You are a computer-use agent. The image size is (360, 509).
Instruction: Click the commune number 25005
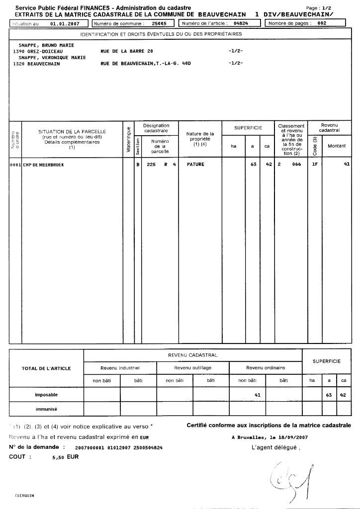159,23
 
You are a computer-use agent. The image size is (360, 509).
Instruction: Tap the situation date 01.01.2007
65,23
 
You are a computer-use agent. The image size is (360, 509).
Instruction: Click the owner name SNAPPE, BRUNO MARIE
43,45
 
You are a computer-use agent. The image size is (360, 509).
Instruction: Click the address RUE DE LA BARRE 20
127,51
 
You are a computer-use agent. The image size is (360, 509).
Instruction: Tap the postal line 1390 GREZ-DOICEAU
38,51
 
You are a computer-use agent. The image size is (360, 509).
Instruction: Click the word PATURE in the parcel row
195,164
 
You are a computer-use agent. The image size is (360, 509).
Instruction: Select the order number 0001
15,164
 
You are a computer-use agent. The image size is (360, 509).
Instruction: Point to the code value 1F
315,164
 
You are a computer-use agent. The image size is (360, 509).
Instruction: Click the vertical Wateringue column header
129,140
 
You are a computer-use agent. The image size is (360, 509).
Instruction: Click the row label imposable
46,395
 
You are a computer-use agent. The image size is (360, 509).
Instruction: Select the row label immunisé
46,409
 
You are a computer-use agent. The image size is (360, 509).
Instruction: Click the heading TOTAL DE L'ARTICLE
46,368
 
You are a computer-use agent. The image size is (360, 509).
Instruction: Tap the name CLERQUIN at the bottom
24,496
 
